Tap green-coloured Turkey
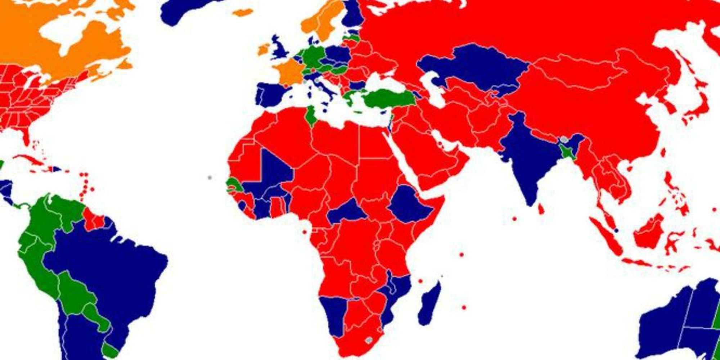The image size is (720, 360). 389,98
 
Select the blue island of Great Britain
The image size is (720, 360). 280,49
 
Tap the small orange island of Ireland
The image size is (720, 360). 264,49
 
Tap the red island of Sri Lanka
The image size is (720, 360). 541,209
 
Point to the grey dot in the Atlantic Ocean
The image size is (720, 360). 210,177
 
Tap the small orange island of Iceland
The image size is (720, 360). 242,13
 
